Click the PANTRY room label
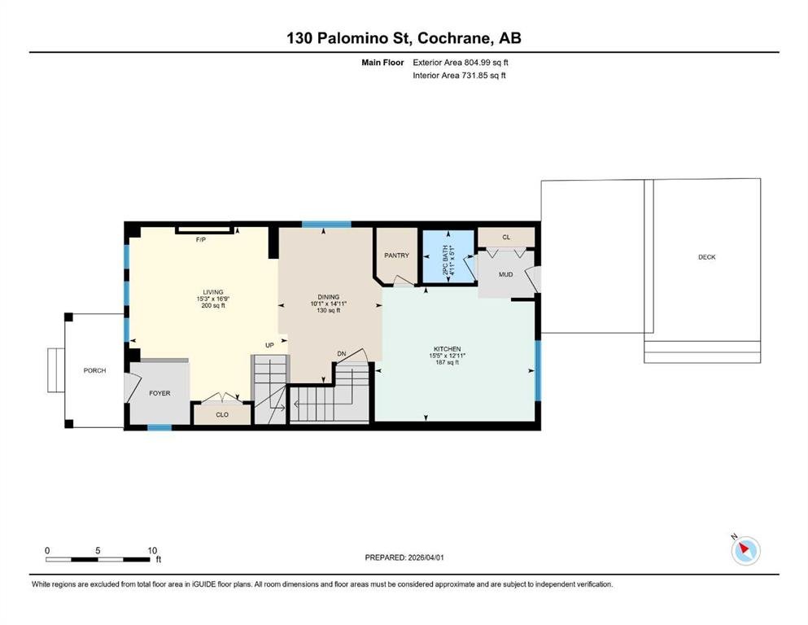[396, 256]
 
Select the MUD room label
[505, 274]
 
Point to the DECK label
[706, 257]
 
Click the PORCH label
[95, 370]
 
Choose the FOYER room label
[159, 393]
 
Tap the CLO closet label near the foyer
[222, 415]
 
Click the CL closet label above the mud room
[506, 238]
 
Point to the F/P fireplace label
[201, 240]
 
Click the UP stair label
[269, 345]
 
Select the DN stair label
[342, 354]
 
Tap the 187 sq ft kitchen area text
[448, 362]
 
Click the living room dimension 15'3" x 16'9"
[213, 299]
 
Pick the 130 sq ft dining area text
[328, 310]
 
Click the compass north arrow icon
[745, 550]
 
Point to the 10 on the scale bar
[152, 551]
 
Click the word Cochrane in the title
[454, 38]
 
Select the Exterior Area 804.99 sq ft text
[461, 63]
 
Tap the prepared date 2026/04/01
[426, 557]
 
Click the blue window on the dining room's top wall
[326, 224]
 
